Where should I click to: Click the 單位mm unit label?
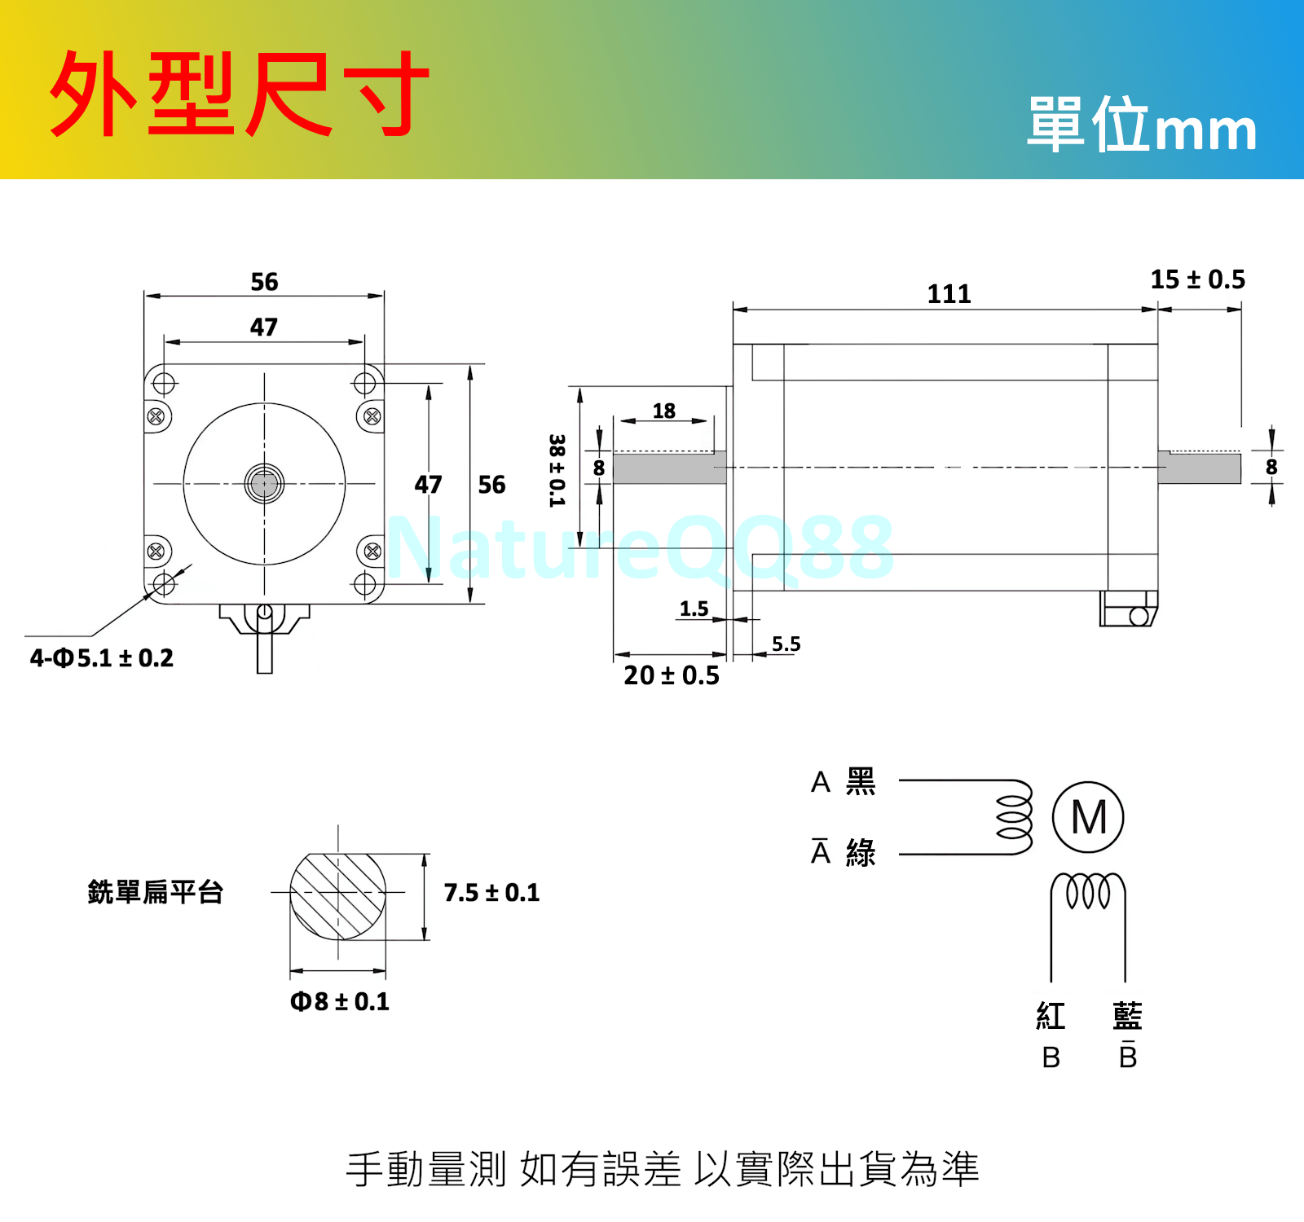(1141, 125)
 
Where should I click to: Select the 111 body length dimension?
(949, 294)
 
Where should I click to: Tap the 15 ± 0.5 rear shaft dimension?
(1197, 279)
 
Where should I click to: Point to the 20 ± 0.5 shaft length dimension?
(672, 675)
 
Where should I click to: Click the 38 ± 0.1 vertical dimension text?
(557, 470)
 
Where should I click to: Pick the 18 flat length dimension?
(663, 411)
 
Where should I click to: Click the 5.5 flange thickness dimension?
(786, 644)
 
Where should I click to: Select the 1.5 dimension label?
(694, 609)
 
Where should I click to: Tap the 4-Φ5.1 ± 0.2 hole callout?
(102, 658)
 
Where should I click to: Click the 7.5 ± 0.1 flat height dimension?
(491, 893)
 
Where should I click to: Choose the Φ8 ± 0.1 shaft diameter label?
(340, 1001)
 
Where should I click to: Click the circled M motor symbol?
(1088, 817)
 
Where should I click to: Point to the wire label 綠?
(861, 853)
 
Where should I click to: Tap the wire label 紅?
(1051, 1016)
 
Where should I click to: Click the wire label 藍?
(1127, 1016)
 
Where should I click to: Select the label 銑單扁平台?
(155, 892)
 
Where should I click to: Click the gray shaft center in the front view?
(264, 484)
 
